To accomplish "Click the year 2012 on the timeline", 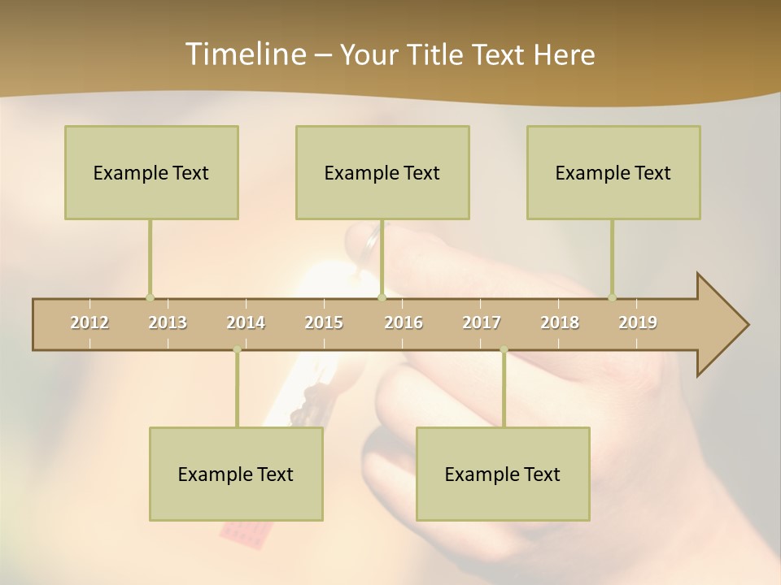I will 89,323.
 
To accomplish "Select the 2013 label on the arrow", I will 168,323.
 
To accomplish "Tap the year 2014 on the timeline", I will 246,323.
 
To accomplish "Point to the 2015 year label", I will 324,323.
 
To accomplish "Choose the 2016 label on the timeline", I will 404,323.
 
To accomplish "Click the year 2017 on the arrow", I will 482,323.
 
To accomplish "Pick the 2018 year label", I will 560,323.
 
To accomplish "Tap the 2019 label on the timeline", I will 638,323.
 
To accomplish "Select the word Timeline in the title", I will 244,54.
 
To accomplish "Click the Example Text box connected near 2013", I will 151,172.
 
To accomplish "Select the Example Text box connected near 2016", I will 382,172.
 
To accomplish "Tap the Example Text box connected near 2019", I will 613,172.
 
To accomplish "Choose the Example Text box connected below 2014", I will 236,474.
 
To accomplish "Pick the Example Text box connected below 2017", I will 503,474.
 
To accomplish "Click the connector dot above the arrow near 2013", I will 150,297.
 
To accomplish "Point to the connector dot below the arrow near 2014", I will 237,350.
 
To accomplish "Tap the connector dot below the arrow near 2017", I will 504,350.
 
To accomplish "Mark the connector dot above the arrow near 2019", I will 612,297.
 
